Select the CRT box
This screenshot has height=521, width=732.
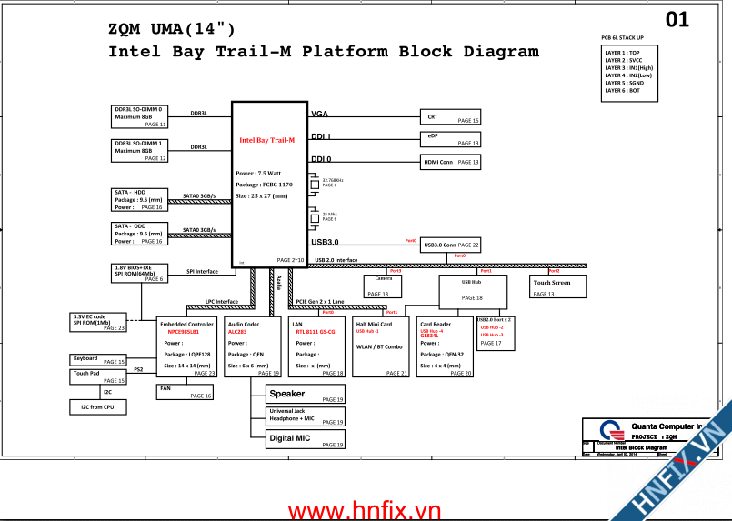pos(450,117)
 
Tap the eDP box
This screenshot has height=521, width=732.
pos(450,139)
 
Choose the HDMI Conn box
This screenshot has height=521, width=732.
pos(450,162)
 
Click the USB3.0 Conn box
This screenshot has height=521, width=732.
pos(450,245)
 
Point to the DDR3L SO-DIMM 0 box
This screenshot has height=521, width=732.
pos(140,116)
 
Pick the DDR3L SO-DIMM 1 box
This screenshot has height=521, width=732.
pos(140,150)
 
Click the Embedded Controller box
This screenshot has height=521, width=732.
pos(187,347)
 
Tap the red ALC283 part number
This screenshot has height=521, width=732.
pos(237,333)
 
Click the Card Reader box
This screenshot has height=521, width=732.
pos(445,347)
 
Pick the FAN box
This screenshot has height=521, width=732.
pos(186,392)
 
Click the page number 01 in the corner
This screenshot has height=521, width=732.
pos(677,19)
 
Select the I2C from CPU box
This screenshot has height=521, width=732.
pos(97,407)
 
